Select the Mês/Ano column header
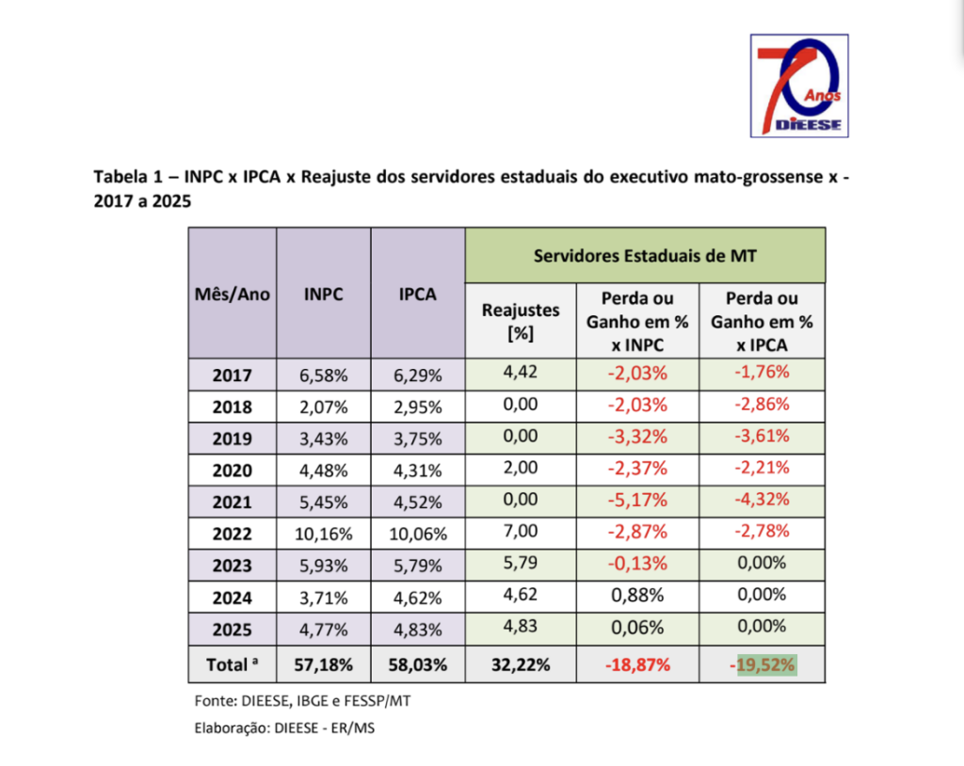coord(233,294)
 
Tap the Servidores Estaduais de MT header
coord(645,254)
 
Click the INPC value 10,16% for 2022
coord(324,535)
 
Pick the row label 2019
coord(233,439)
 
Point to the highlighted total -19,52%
coord(762,665)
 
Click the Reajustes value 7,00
coord(521,531)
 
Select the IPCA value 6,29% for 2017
coord(418,375)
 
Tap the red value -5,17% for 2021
coord(637,500)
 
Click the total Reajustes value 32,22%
coord(521,665)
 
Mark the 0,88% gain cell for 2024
coord(637,596)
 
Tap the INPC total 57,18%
coord(324,665)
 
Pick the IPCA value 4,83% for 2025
coord(418,628)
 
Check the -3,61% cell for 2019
coord(762,436)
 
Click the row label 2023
coord(233,567)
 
